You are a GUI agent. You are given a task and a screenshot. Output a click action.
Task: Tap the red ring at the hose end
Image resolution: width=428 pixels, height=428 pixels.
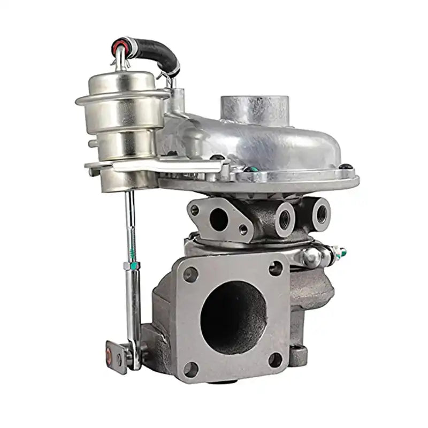118,44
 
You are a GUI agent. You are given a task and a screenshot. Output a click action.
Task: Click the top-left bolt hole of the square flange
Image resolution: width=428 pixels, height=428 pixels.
190,274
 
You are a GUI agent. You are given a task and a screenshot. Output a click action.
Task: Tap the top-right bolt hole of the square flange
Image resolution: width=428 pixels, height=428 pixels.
276,268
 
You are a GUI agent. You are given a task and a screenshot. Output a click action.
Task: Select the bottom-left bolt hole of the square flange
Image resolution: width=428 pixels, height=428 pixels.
190,368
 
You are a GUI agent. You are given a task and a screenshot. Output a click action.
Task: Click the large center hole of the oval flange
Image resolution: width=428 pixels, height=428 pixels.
218,219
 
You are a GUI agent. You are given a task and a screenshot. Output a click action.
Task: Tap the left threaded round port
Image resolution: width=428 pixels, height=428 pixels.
284,217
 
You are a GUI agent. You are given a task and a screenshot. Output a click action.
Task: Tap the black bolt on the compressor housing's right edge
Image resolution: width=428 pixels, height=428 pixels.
346,167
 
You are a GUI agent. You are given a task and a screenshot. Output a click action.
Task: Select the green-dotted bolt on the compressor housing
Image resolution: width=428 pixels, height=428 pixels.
250,170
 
